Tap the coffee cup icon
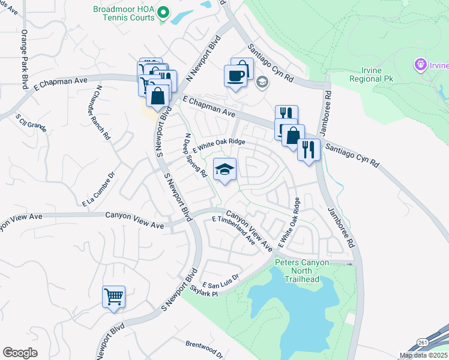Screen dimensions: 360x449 [x=235, y=76]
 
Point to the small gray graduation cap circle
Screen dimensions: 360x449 [x=262, y=82]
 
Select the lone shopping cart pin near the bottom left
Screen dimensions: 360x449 [x=113, y=296]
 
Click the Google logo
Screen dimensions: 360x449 [x=20, y=353]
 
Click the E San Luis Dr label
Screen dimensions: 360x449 [x=220, y=280]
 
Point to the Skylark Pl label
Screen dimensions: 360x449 [x=202, y=289]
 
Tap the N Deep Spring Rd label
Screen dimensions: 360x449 [x=196, y=155]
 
